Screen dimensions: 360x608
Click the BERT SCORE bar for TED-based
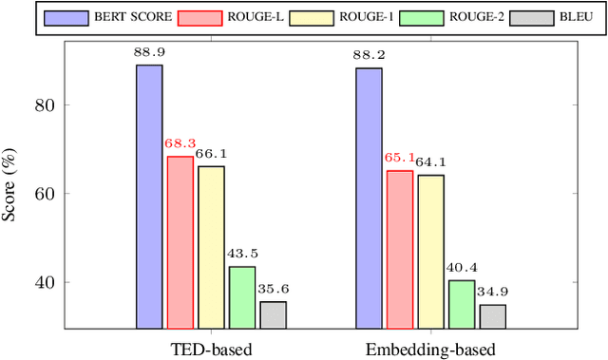click(x=149, y=197)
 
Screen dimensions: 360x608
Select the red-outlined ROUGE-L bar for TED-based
click(x=180, y=242)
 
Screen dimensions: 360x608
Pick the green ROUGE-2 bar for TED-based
click(x=242, y=297)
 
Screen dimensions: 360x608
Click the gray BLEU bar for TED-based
click(x=273, y=314)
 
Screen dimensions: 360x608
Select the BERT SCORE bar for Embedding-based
click(x=369, y=199)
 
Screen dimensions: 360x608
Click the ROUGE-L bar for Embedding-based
click(x=400, y=250)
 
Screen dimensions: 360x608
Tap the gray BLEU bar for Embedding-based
click(x=492, y=316)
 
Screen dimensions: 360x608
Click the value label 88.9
click(x=149, y=54)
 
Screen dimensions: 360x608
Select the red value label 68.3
click(x=180, y=145)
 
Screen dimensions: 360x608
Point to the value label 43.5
click(x=242, y=255)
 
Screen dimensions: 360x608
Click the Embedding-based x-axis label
click(x=430, y=349)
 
